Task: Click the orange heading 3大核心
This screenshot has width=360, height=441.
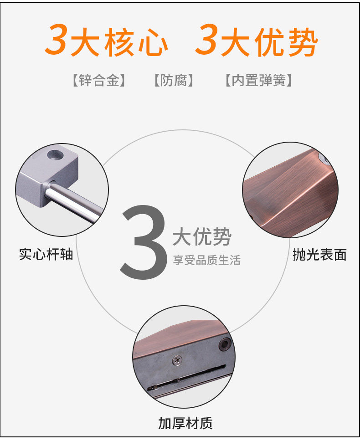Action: (x=106, y=41)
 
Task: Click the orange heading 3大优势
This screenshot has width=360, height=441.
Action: (x=256, y=41)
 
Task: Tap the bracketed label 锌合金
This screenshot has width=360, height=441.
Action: (x=99, y=81)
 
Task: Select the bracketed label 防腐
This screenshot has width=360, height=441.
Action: (x=174, y=81)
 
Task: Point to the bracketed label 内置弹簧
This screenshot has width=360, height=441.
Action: (x=259, y=81)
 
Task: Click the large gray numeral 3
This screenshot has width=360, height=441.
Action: (x=144, y=242)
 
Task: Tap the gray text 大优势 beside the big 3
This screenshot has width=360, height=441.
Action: (x=202, y=236)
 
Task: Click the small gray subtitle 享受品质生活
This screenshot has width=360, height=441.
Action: (x=207, y=260)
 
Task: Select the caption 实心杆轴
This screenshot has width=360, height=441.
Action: (x=46, y=254)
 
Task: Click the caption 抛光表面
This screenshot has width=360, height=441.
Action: (x=320, y=255)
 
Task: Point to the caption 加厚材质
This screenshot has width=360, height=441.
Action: (x=185, y=423)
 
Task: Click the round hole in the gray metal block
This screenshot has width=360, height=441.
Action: (x=56, y=154)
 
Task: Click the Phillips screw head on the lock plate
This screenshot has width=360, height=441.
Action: (x=177, y=360)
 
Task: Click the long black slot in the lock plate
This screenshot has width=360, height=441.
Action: (x=187, y=377)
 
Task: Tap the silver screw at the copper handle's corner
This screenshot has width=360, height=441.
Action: (x=324, y=159)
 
